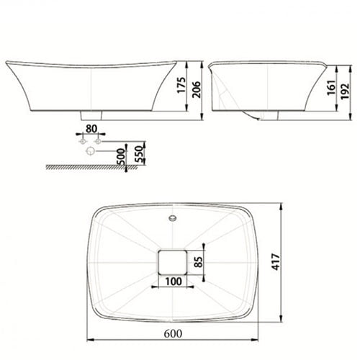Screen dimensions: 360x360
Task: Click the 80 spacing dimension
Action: click(91, 129)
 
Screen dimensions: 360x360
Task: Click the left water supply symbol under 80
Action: click(81, 142)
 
